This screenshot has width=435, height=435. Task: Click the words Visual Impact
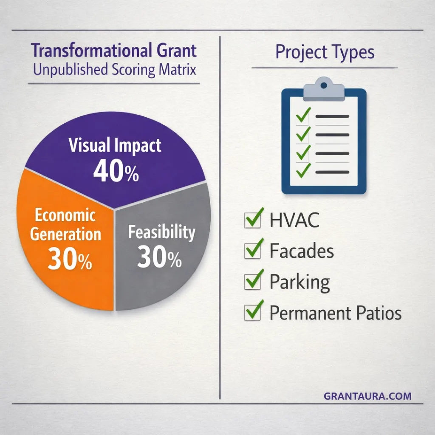click(x=115, y=146)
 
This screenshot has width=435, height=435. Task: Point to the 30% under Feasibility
click(x=159, y=258)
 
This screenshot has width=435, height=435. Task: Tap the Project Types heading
click(x=325, y=53)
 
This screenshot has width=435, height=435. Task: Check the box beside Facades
click(x=252, y=251)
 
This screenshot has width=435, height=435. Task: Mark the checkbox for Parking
click(x=252, y=282)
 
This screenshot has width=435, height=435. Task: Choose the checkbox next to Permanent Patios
click(x=252, y=313)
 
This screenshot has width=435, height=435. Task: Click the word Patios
click(x=379, y=313)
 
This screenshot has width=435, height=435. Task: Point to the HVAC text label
click(x=294, y=221)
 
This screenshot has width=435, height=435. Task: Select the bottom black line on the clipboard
click(x=332, y=172)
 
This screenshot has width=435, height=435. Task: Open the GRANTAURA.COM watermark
click(x=367, y=396)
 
